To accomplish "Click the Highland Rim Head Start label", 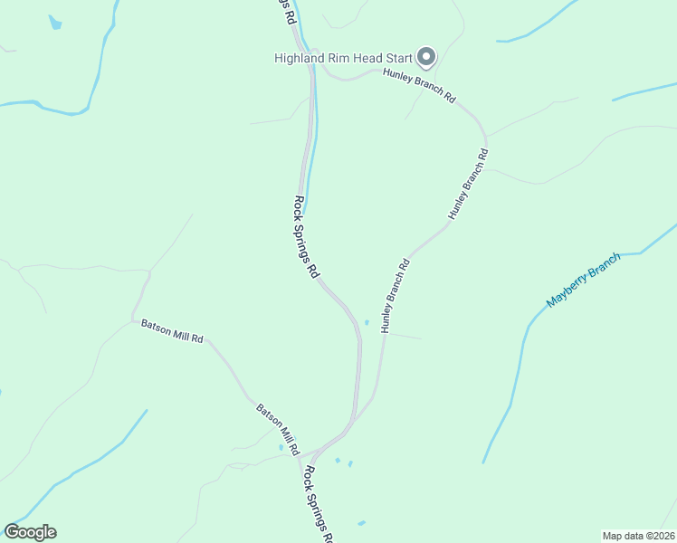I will (343, 58).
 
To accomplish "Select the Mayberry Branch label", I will (584, 280).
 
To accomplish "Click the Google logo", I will (30, 532).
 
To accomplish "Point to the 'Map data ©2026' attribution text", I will (638, 536).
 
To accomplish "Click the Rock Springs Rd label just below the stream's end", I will (307, 237).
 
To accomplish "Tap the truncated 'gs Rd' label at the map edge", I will (285, 11).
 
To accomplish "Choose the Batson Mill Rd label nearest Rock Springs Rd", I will (278, 427).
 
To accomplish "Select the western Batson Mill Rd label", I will (172, 330).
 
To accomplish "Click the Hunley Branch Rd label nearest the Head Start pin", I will (418, 88).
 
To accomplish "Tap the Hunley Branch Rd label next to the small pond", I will (396, 296).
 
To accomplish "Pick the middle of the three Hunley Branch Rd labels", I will (468, 184).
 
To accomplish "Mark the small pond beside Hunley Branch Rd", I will (367, 322).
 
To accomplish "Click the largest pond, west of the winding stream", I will (55, 23).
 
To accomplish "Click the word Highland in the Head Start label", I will (297, 58).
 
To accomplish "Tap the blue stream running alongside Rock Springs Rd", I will (313, 145).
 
